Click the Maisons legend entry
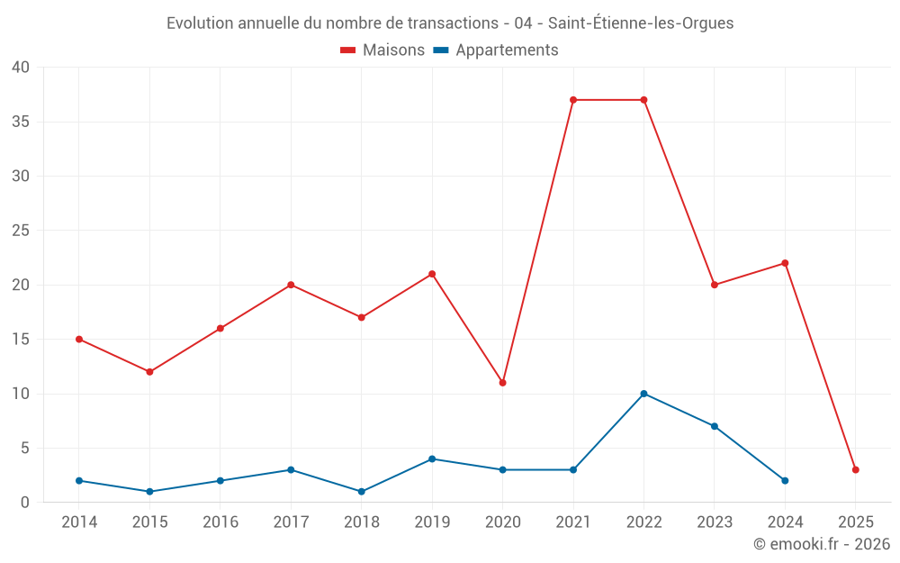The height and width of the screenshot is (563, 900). (x=382, y=50)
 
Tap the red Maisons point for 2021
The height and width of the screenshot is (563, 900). (x=573, y=100)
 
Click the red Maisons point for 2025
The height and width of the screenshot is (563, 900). (x=856, y=470)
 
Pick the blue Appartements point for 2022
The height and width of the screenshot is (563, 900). (x=643, y=394)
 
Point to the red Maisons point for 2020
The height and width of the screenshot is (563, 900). (x=502, y=383)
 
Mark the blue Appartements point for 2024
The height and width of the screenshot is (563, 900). (x=785, y=481)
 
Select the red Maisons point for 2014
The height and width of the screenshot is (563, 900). (x=79, y=340)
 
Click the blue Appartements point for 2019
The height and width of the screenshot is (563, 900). (x=432, y=459)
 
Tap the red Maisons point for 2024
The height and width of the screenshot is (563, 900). (x=785, y=263)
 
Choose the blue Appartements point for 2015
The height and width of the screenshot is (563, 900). (x=149, y=492)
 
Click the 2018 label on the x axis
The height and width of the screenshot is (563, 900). (x=362, y=522)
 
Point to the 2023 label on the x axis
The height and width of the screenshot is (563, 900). (x=715, y=522)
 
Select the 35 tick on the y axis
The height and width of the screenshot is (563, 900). (x=21, y=122)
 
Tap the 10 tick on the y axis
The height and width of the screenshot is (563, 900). (x=21, y=394)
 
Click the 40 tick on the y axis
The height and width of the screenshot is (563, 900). (x=21, y=68)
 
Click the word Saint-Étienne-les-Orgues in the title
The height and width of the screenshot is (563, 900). (x=640, y=23)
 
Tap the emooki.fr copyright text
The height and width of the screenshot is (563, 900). (x=822, y=544)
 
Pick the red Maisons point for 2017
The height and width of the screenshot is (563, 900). (x=291, y=285)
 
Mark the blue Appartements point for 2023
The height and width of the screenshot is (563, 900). (x=715, y=426)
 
